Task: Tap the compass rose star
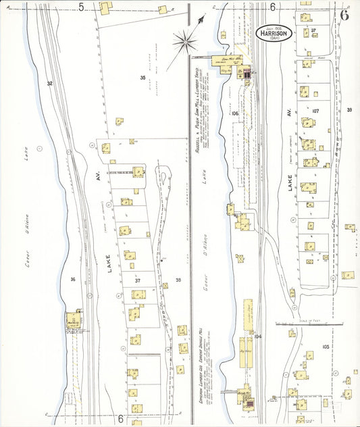tap(184, 42)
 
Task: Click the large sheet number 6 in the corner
tap(345, 15)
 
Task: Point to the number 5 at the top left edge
tap(81, 7)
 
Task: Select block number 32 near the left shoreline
tap(49, 83)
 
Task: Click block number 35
tap(143, 78)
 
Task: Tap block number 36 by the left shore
tap(72, 279)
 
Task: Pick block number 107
tap(315, 110)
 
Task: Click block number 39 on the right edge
tap(349, 109)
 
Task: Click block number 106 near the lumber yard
tap(234, 114)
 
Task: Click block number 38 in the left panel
tap(178, 280)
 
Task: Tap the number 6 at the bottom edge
tap(120, 419)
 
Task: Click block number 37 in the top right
tap(313, 31)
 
